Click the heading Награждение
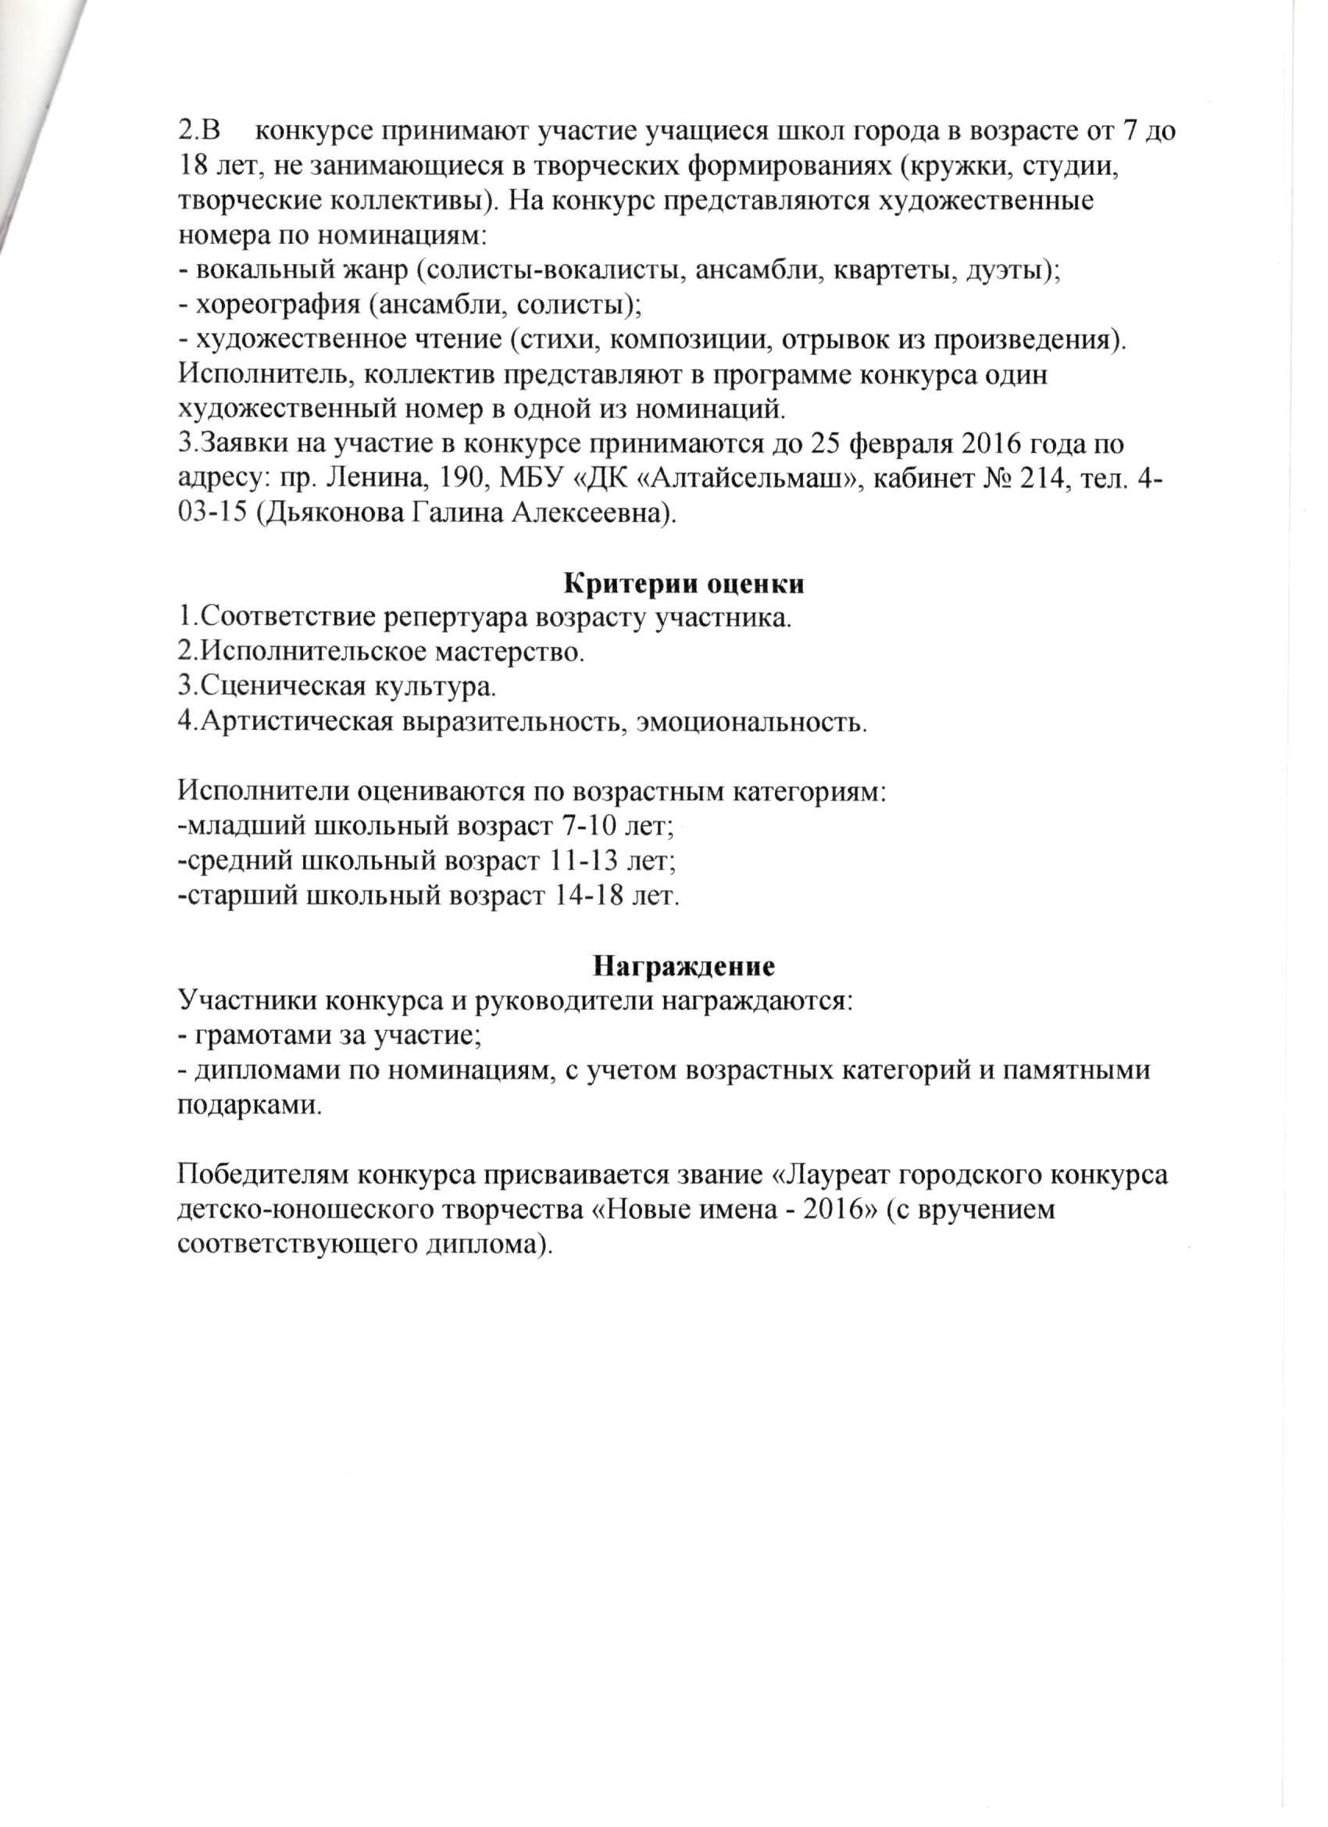pyautogui.click(x=684, y=966)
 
